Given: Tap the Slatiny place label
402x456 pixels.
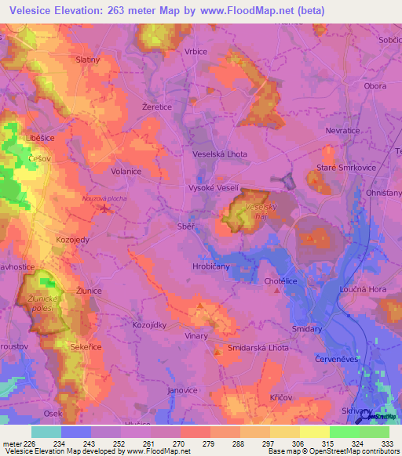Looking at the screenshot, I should click(87, 60).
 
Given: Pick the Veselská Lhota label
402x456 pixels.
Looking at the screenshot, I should click(220, 154).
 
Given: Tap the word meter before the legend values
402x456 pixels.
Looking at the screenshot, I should click(13, 443).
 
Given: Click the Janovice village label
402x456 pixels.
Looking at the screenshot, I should click(182, 389).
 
